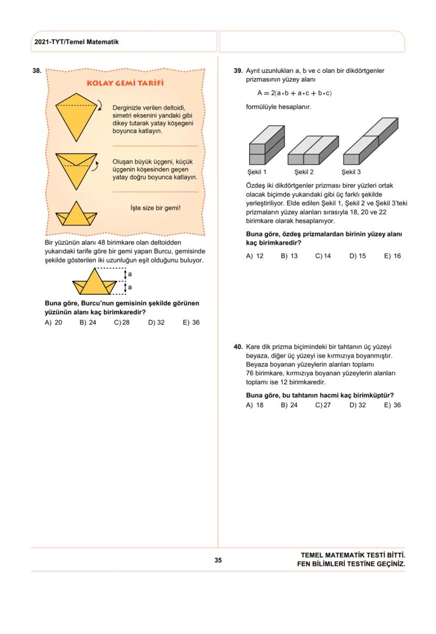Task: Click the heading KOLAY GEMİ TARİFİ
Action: pyautogui.click(x=125, y=84)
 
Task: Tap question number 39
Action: pyautogui.click(x=238, y=70)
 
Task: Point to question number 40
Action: pyautogui.click(x=238, y=347)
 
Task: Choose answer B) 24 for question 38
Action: pyautogui.click(x=88, y=323)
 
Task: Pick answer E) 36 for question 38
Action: pyautogui.click(x=191, y=323)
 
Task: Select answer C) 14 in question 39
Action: pyautogui.click(x=323, y=256)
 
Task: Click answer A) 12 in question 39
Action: pyautogui.click(x=254, y=256)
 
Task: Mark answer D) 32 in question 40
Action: pyautogui.click(x=357, y=405)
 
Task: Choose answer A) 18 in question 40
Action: pyautogui.click(x=254, y=405)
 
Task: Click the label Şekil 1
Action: pyautogui.click(x=257, y=172)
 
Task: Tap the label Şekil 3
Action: pyautogui.click(x=351, y=172)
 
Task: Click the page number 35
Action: pyautogui.click(x=218, y=560)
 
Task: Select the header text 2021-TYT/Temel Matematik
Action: pyautogui.click(x=76, y=42)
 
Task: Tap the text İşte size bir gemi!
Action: pyautogui.click(x=155, y=208)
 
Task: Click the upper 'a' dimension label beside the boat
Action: pyautogui.click(x=130, y=275)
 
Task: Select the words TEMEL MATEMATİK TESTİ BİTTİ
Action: pyautogui.click(x=353, y=555)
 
